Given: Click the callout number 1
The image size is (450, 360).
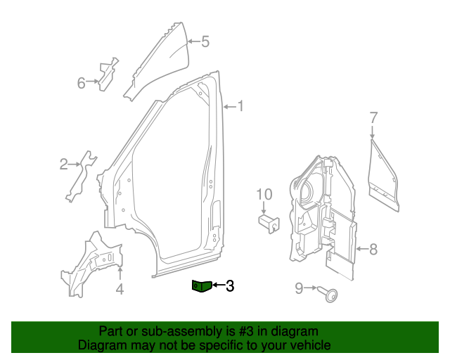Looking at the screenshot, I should [240, 107].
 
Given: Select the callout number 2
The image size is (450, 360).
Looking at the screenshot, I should [63, 165].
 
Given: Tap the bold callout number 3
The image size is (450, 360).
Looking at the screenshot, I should [229, 285].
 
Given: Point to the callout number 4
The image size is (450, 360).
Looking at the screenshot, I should [120, 289].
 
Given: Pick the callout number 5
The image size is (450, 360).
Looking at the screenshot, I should [205, 41].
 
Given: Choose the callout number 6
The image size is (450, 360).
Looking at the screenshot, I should [82, 84].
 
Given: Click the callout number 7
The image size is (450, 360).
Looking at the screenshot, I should [373, 117].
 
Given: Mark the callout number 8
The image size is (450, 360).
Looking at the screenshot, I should [373, 248].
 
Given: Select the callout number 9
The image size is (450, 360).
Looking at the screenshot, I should [298, 288].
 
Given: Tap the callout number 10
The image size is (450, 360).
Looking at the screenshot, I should [263, 194].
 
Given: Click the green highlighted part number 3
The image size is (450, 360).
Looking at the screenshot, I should [201, 285].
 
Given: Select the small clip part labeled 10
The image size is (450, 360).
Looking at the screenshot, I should [267, 223].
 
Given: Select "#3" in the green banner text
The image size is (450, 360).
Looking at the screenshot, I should [231, 331].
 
